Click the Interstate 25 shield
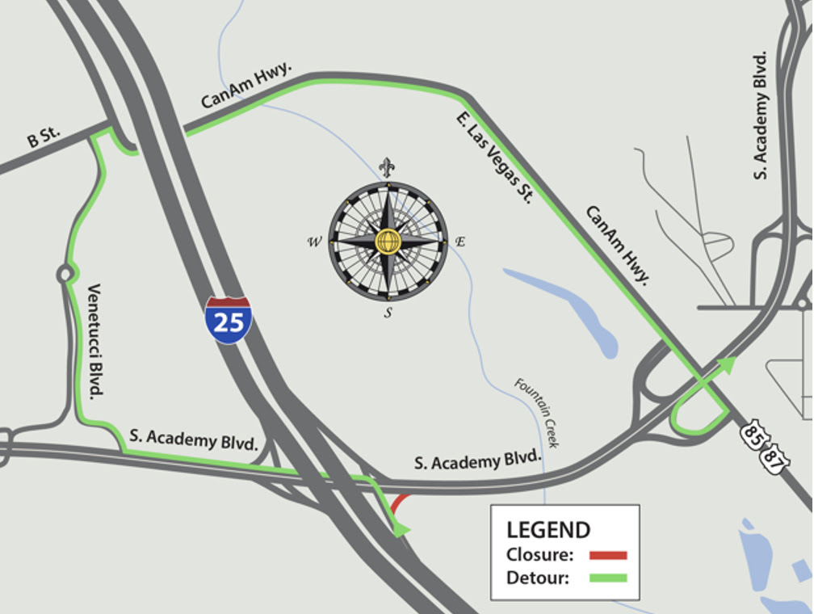[228, 320]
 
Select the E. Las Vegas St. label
[493, 157]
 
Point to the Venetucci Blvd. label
[96, 341]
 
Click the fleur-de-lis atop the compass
[388, 167]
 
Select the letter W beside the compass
[313, 242]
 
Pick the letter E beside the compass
[460, 241]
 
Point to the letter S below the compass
[388, 313]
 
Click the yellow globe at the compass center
[388, 241]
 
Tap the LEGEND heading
[548, 530]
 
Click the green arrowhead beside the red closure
[400, 529]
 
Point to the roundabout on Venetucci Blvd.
[64, 275]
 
